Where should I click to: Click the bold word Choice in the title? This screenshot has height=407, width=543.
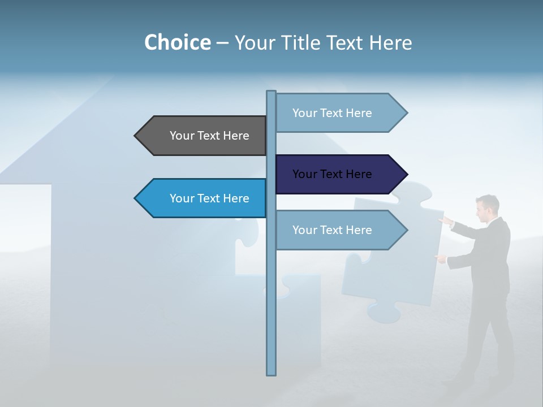[177, 42]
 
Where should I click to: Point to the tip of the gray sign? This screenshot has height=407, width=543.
[136, 136]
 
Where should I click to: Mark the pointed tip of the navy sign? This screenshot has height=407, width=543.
[406, 174]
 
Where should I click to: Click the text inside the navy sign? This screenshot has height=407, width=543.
[332, 174]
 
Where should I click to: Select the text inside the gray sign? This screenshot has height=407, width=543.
[209, 136]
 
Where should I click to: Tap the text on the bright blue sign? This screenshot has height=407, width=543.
[209, 198]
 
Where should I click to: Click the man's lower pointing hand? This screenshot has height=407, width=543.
[440, 258]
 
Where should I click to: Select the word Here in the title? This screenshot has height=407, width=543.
[391, 42]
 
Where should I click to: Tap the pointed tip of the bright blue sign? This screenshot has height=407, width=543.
[136, 198]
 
